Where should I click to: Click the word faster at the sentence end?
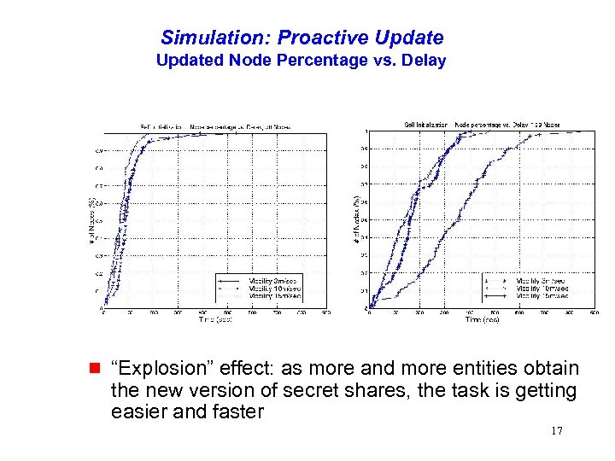point(238,412)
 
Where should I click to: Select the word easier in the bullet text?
point(137,412)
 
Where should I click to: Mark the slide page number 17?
point(556,431)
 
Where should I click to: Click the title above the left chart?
point(215,126)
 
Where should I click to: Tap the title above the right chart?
point(481,125)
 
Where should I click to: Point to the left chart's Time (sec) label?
point(215,320)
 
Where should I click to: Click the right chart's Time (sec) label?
point(482,320)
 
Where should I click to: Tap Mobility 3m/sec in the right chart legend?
point(541,280)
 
